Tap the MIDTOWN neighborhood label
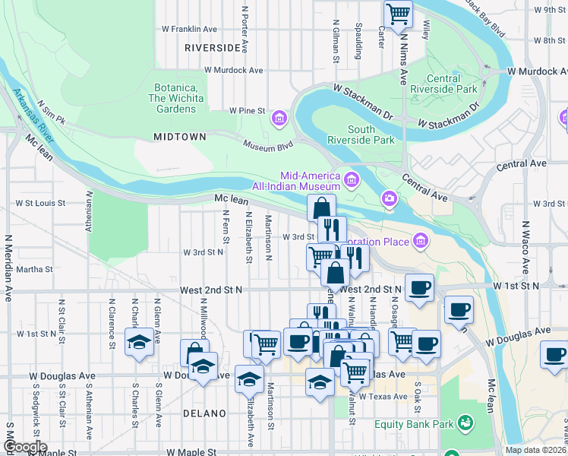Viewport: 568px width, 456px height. [180, 137]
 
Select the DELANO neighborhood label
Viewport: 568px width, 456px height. [204, 413]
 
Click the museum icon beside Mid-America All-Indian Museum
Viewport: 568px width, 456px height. [352, 180]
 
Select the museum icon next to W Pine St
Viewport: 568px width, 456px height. [279, 118]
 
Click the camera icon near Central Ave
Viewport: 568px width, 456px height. [390, 198]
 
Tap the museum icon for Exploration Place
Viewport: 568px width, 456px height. [420, 242]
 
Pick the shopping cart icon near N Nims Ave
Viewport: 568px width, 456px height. [398, 13]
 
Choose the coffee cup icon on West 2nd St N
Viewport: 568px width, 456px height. [419, 287]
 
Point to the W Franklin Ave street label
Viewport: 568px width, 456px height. [190, 29]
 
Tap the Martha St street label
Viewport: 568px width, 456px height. [34, 269]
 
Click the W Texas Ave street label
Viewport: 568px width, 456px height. [383, 397]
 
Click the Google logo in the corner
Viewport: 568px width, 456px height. [24, 447]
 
